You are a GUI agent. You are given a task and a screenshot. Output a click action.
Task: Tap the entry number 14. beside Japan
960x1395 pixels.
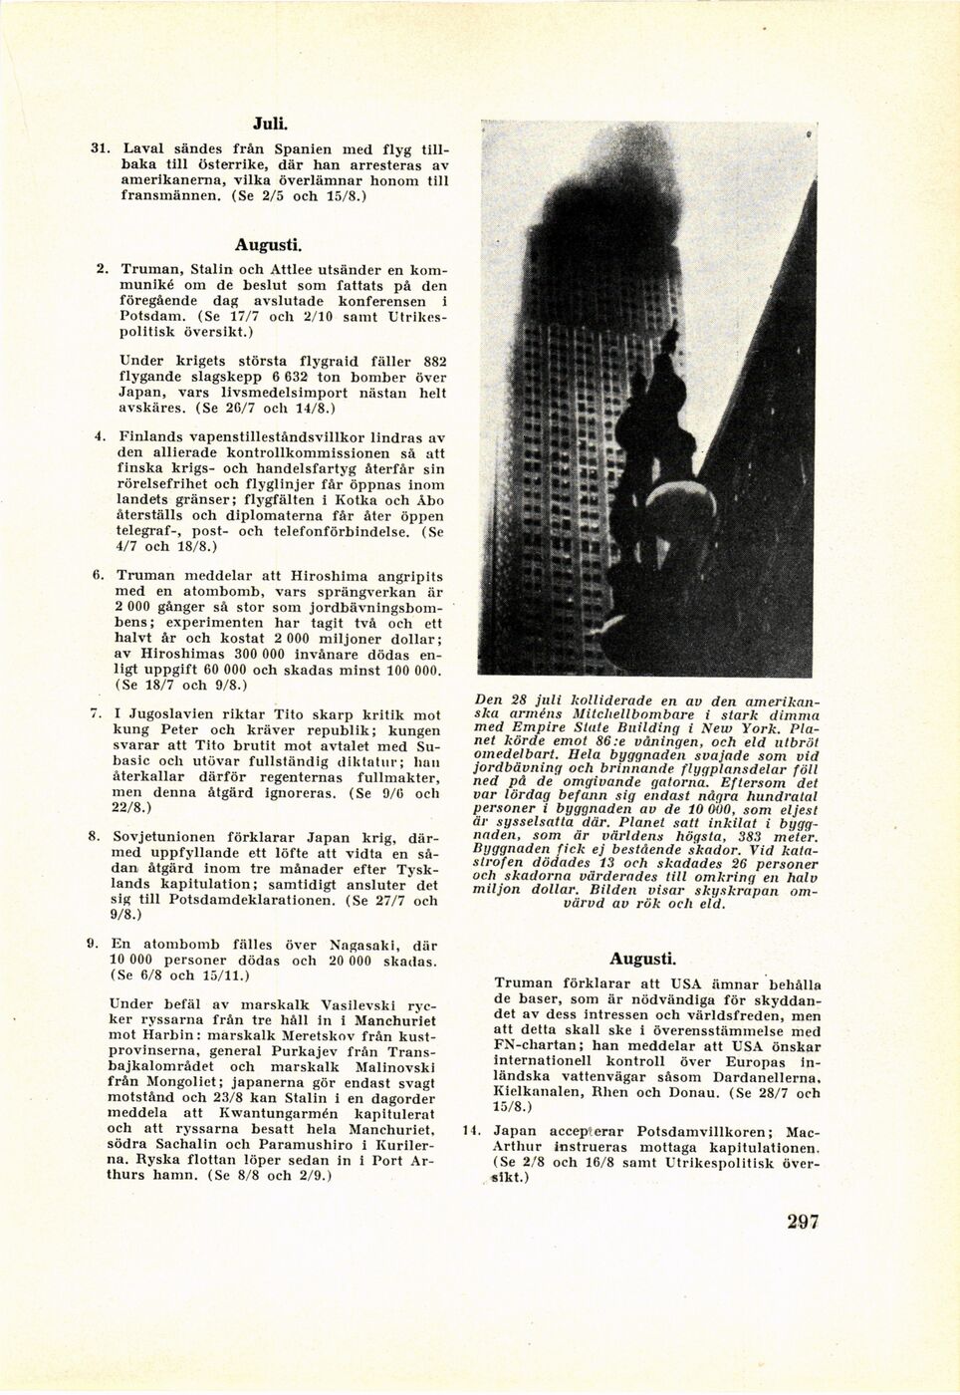471,1131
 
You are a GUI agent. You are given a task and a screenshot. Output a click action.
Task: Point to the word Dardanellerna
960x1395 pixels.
764,1077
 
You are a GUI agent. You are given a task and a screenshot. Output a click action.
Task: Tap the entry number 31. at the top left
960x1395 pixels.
100,146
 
